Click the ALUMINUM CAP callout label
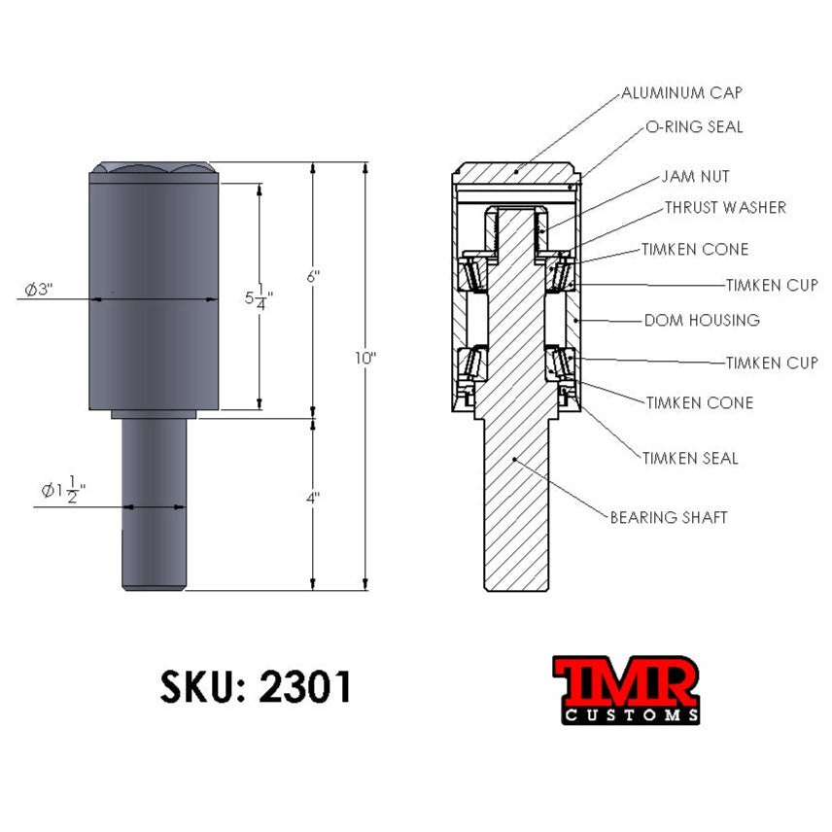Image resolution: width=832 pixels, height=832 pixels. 681,93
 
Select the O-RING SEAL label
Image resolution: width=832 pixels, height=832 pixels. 694,127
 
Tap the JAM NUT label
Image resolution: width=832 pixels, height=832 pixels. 695,177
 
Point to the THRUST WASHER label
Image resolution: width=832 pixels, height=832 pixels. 725,208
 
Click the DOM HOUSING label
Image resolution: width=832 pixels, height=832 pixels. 702,320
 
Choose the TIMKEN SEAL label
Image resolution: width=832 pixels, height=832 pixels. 690,458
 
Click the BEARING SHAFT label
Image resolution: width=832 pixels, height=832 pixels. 668,517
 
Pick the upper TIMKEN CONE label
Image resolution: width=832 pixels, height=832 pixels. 694,250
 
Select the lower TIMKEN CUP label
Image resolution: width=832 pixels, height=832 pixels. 772,364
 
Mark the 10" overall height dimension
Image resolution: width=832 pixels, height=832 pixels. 364,358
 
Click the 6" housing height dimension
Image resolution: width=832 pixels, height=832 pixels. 312,277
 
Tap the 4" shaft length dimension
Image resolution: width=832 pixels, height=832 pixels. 312,498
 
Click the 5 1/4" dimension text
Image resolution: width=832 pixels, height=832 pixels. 257,298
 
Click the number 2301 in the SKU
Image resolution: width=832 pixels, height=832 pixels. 305,688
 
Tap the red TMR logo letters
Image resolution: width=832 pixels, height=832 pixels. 626,682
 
